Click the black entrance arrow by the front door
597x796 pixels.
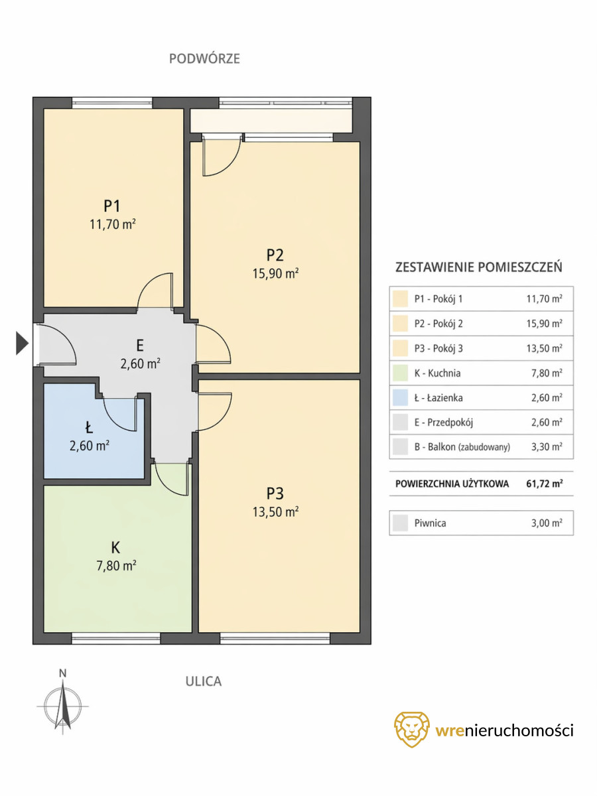tap(22, 343)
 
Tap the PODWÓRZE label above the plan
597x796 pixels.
tap(204, 58)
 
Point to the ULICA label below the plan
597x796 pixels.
tap(204, 681)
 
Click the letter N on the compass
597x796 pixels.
tap(63, 673)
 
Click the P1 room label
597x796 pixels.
tap(112, 206)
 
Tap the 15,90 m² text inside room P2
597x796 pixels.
tap(275, 273)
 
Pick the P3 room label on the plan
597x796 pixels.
tap(275, 494)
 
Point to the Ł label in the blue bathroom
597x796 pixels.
tap(89, 428)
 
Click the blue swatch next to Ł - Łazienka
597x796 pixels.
tap(400, 398)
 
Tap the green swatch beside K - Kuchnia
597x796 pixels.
tap(400, 373)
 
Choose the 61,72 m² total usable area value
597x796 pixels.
tap(545, 484)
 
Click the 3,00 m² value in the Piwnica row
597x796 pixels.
tap(547, 523)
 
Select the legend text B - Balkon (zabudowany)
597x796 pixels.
tap(462, 447)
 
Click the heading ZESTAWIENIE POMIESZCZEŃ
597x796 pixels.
tap(478, 267)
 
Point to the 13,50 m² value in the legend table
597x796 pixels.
tap(545, 348)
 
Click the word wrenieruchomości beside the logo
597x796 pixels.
tap(504, 730)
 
